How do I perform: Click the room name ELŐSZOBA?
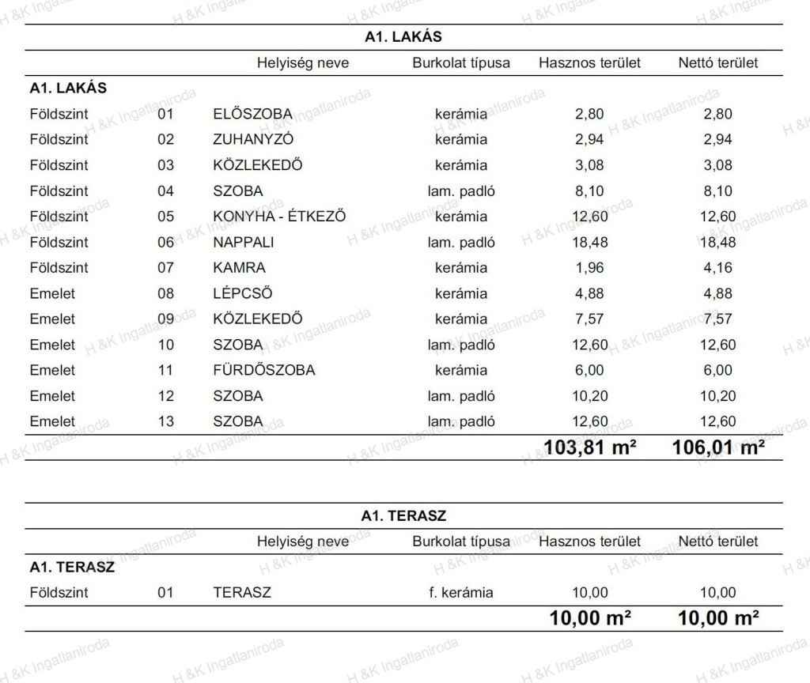(x=252, y=114)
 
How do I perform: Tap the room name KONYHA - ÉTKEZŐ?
(x=279, y=217)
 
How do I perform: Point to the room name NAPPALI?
(x=243, y=243)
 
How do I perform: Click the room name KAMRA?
(x=239, y=268)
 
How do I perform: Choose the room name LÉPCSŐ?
(x=243, y=294)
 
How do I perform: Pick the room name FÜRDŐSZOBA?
(x=263, y=371)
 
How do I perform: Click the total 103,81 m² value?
(x=590, y=448)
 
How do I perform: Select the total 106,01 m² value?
(x=718, y=448)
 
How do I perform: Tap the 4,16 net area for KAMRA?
(x=717, y=268)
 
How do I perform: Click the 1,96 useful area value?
(x=589, y=268)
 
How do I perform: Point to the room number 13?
(x=165, y=422)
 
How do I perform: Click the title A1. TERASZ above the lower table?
(x=403, y=516)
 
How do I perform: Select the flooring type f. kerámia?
(x=461, y=593)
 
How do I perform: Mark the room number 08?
(x=165, y=294)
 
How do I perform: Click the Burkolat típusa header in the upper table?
(x=461, y=63)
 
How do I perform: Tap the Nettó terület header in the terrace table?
(x=717, y=541)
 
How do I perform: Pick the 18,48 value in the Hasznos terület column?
(x=589, y=243)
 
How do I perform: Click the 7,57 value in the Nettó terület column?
(x=717, y=319)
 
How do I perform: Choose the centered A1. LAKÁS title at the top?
(x=403, y=37)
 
